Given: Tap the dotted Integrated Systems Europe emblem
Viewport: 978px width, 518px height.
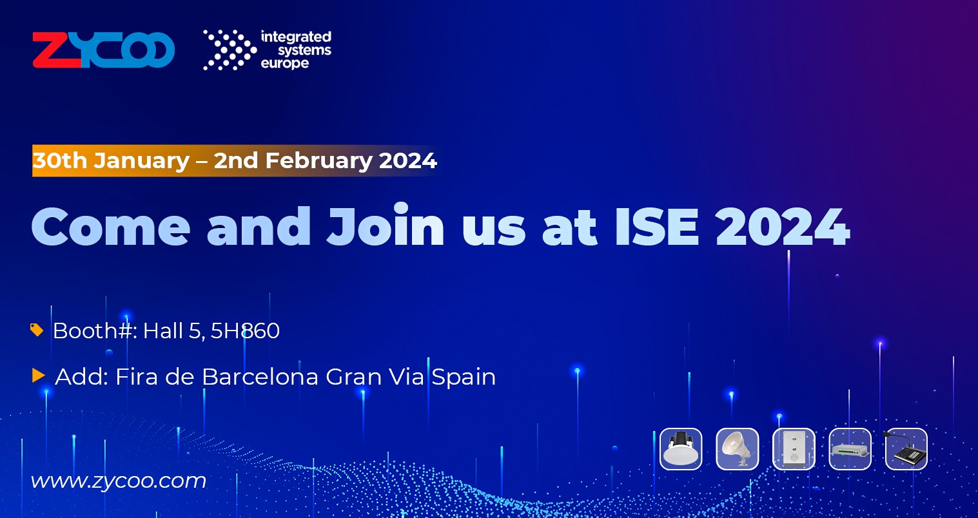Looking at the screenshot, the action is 230,50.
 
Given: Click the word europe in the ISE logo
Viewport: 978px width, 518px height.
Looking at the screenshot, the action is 285,64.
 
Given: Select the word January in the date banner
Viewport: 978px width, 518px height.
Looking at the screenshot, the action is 141,160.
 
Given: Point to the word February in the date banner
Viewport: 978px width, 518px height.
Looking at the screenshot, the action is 318,160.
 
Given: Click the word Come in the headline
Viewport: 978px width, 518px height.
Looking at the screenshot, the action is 111,227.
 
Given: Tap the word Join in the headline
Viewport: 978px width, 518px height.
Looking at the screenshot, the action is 385,225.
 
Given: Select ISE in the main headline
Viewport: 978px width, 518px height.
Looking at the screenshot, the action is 657,227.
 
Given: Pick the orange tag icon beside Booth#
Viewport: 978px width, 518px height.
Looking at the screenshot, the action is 37,330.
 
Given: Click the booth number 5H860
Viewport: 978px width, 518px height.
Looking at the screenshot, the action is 245,331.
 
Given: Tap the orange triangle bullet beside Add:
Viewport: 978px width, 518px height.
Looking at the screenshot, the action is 39,376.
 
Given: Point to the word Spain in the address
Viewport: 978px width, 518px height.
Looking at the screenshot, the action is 464,378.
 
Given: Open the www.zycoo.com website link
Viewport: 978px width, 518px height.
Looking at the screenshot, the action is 119,481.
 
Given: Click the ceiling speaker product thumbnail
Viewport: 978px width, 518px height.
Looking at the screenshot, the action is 681,449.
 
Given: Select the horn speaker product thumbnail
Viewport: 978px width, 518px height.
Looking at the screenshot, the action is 738,449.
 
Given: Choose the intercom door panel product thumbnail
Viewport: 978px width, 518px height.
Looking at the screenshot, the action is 794,449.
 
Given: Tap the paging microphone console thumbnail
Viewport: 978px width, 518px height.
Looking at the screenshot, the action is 906,449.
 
